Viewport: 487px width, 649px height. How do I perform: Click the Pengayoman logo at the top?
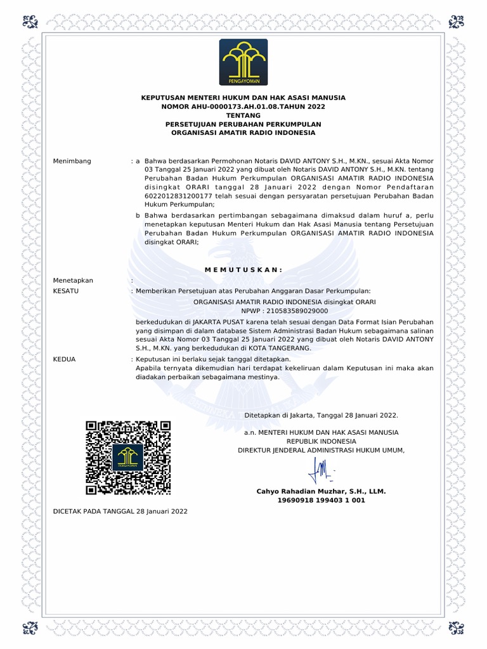[x=243, y=61]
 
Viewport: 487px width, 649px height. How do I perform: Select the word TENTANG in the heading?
[x=243, y=115]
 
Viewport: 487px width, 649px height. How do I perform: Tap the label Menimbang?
[x=72, y=161]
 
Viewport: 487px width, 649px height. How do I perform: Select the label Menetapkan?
[x=73, y=280]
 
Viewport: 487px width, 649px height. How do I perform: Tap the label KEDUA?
[x=64, y=359]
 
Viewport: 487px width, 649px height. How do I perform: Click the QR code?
[x=129, y=458]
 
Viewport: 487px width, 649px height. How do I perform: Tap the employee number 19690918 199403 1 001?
[x=321, y=500]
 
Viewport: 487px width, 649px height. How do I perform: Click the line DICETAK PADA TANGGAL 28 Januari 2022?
[x=120, y=511]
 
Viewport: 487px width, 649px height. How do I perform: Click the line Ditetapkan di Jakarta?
[x=321, y=415]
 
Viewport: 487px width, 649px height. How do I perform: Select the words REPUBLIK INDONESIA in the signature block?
[x=321, y=441]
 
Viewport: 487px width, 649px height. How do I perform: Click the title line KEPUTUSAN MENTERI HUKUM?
[x=243, y=98]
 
